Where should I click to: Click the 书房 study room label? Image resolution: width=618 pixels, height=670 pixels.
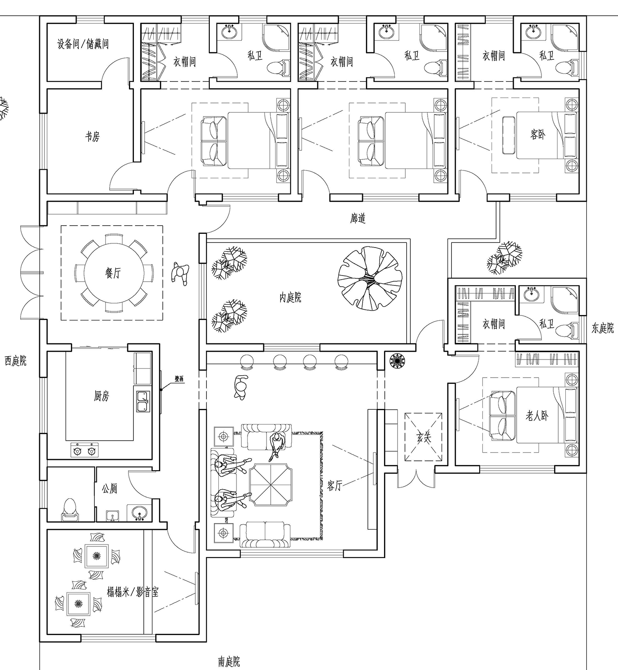[x=92, y=136]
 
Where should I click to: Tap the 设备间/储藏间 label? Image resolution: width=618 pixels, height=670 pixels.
[x=83, y=44]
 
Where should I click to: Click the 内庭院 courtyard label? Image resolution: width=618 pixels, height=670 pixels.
[x=290, y=297]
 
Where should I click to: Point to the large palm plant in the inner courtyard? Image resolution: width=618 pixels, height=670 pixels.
[x=370, y=279]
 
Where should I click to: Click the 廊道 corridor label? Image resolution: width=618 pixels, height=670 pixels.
[x=358, y=218]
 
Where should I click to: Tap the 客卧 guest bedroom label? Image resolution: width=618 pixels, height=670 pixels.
[x=538, y=134]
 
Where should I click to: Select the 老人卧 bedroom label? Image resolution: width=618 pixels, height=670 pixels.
[x=537, y=416]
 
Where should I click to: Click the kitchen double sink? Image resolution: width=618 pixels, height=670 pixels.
[x=143, y=402]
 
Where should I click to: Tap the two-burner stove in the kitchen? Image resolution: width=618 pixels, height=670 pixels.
[x=84, y=450]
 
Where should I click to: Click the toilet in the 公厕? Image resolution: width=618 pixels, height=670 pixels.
[x=70, y=510]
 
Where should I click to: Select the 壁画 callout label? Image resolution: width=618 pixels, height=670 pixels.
[x=179, y=379]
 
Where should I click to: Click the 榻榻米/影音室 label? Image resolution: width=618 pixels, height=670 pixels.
[x=132, y=592]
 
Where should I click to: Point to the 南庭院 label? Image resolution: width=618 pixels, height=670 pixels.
[x=229, y=662]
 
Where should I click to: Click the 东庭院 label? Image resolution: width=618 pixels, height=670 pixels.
[x=603, y=328]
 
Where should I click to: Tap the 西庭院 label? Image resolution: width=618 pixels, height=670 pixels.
[x=16, y=361]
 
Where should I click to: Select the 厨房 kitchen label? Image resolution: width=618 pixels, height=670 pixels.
[x=101, y=396]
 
